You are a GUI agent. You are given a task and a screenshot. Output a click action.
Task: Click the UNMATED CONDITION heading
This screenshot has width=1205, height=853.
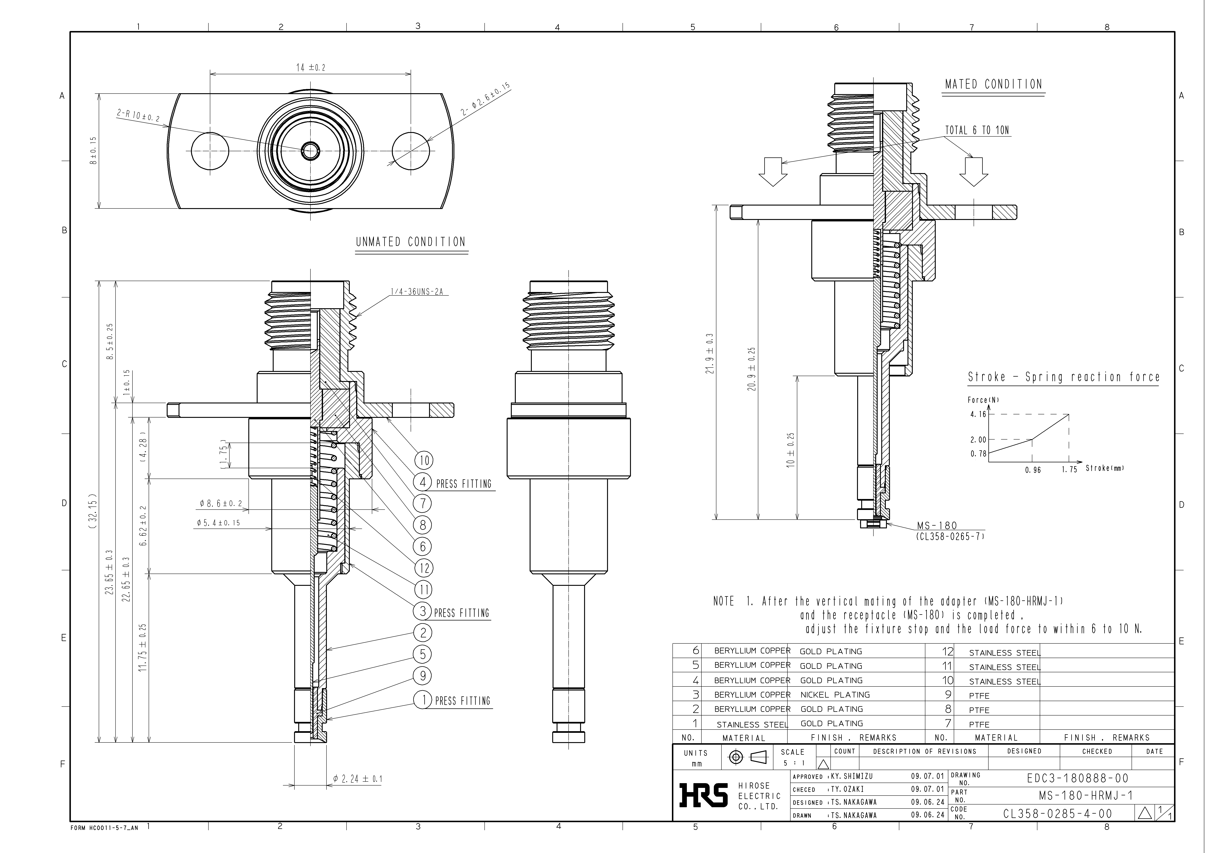[x=411, y=242]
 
